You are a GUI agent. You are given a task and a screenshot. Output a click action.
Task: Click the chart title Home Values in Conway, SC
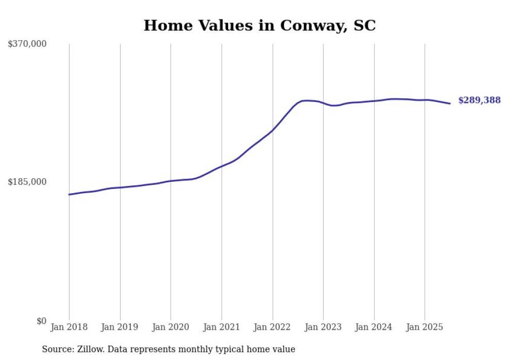259,25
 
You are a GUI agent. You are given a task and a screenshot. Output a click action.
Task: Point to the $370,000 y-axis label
27,44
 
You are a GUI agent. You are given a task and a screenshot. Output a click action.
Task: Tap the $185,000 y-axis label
27,182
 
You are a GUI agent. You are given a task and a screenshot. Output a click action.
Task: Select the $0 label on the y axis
41,321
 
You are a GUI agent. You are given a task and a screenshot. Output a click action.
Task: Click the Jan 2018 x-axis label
69,327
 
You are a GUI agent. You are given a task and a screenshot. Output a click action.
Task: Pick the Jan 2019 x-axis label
120,327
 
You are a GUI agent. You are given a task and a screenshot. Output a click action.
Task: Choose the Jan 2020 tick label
171,327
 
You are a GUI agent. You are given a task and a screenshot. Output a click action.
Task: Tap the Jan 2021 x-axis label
222,327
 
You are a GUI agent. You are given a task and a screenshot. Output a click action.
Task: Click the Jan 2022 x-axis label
273,327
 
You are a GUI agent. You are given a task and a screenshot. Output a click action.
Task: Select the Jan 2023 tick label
323,327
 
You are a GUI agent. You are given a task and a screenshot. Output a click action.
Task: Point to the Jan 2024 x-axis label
374,327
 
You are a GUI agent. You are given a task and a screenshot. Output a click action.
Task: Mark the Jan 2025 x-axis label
425,327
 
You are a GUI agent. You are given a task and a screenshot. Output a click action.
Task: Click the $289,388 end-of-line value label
479,100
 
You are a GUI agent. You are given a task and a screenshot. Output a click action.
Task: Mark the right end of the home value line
450,104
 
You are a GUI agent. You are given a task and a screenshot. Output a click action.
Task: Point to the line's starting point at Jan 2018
69,195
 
